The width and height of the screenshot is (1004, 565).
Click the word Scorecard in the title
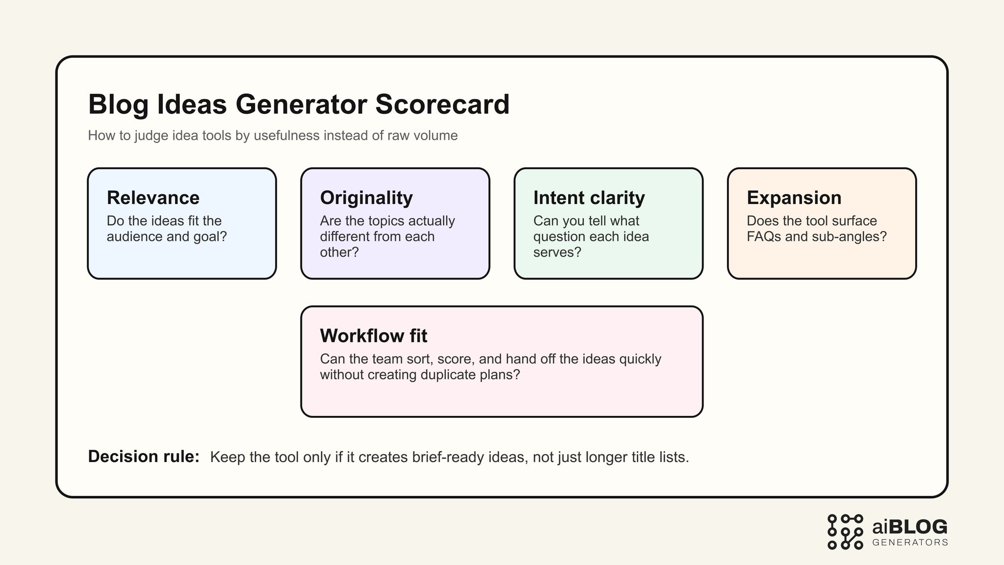(x=442, y=104)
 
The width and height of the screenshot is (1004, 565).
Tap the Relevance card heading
(x=153, y=198)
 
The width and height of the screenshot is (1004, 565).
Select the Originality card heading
(x=366, y=198)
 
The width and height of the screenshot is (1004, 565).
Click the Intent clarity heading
(x=589, y=198)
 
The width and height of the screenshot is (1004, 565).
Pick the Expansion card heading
(x=794, y=198)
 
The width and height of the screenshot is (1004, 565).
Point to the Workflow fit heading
(x=374, y=336)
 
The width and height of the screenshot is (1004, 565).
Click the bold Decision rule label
(x=144, y=457)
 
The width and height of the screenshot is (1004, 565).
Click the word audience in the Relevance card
(x=134, y=236)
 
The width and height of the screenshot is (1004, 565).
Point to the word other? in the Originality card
(x=339, y=252)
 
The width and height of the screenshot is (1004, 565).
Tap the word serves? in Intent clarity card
(x=557, y=252)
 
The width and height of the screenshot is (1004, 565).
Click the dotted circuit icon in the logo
(x=845, y=532)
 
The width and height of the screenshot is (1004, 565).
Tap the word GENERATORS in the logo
(x=910, y=542)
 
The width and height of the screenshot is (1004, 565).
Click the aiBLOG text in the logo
(x=910, y=527)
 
